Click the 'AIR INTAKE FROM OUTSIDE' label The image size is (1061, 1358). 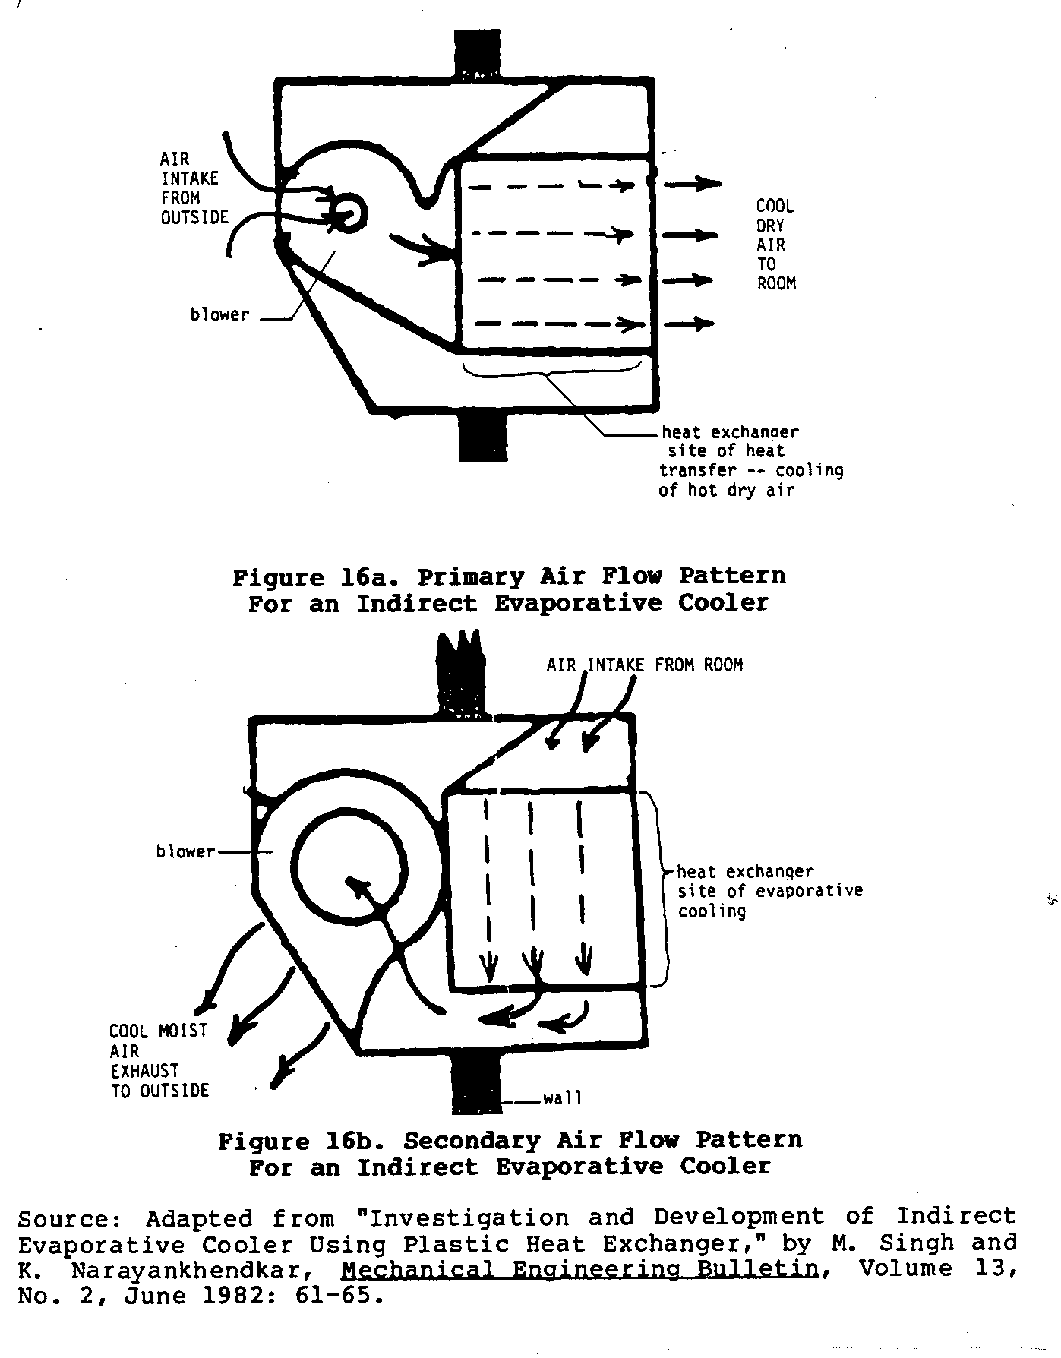193,188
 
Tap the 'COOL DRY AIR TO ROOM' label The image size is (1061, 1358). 775,245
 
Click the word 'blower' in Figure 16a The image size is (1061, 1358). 219,314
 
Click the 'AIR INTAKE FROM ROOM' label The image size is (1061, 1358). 644,665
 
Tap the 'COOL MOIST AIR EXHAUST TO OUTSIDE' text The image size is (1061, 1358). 159,1061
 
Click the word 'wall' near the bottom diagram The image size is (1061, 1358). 562,1098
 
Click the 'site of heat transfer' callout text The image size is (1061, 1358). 750,462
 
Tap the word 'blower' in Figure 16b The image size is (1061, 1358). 185,852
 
